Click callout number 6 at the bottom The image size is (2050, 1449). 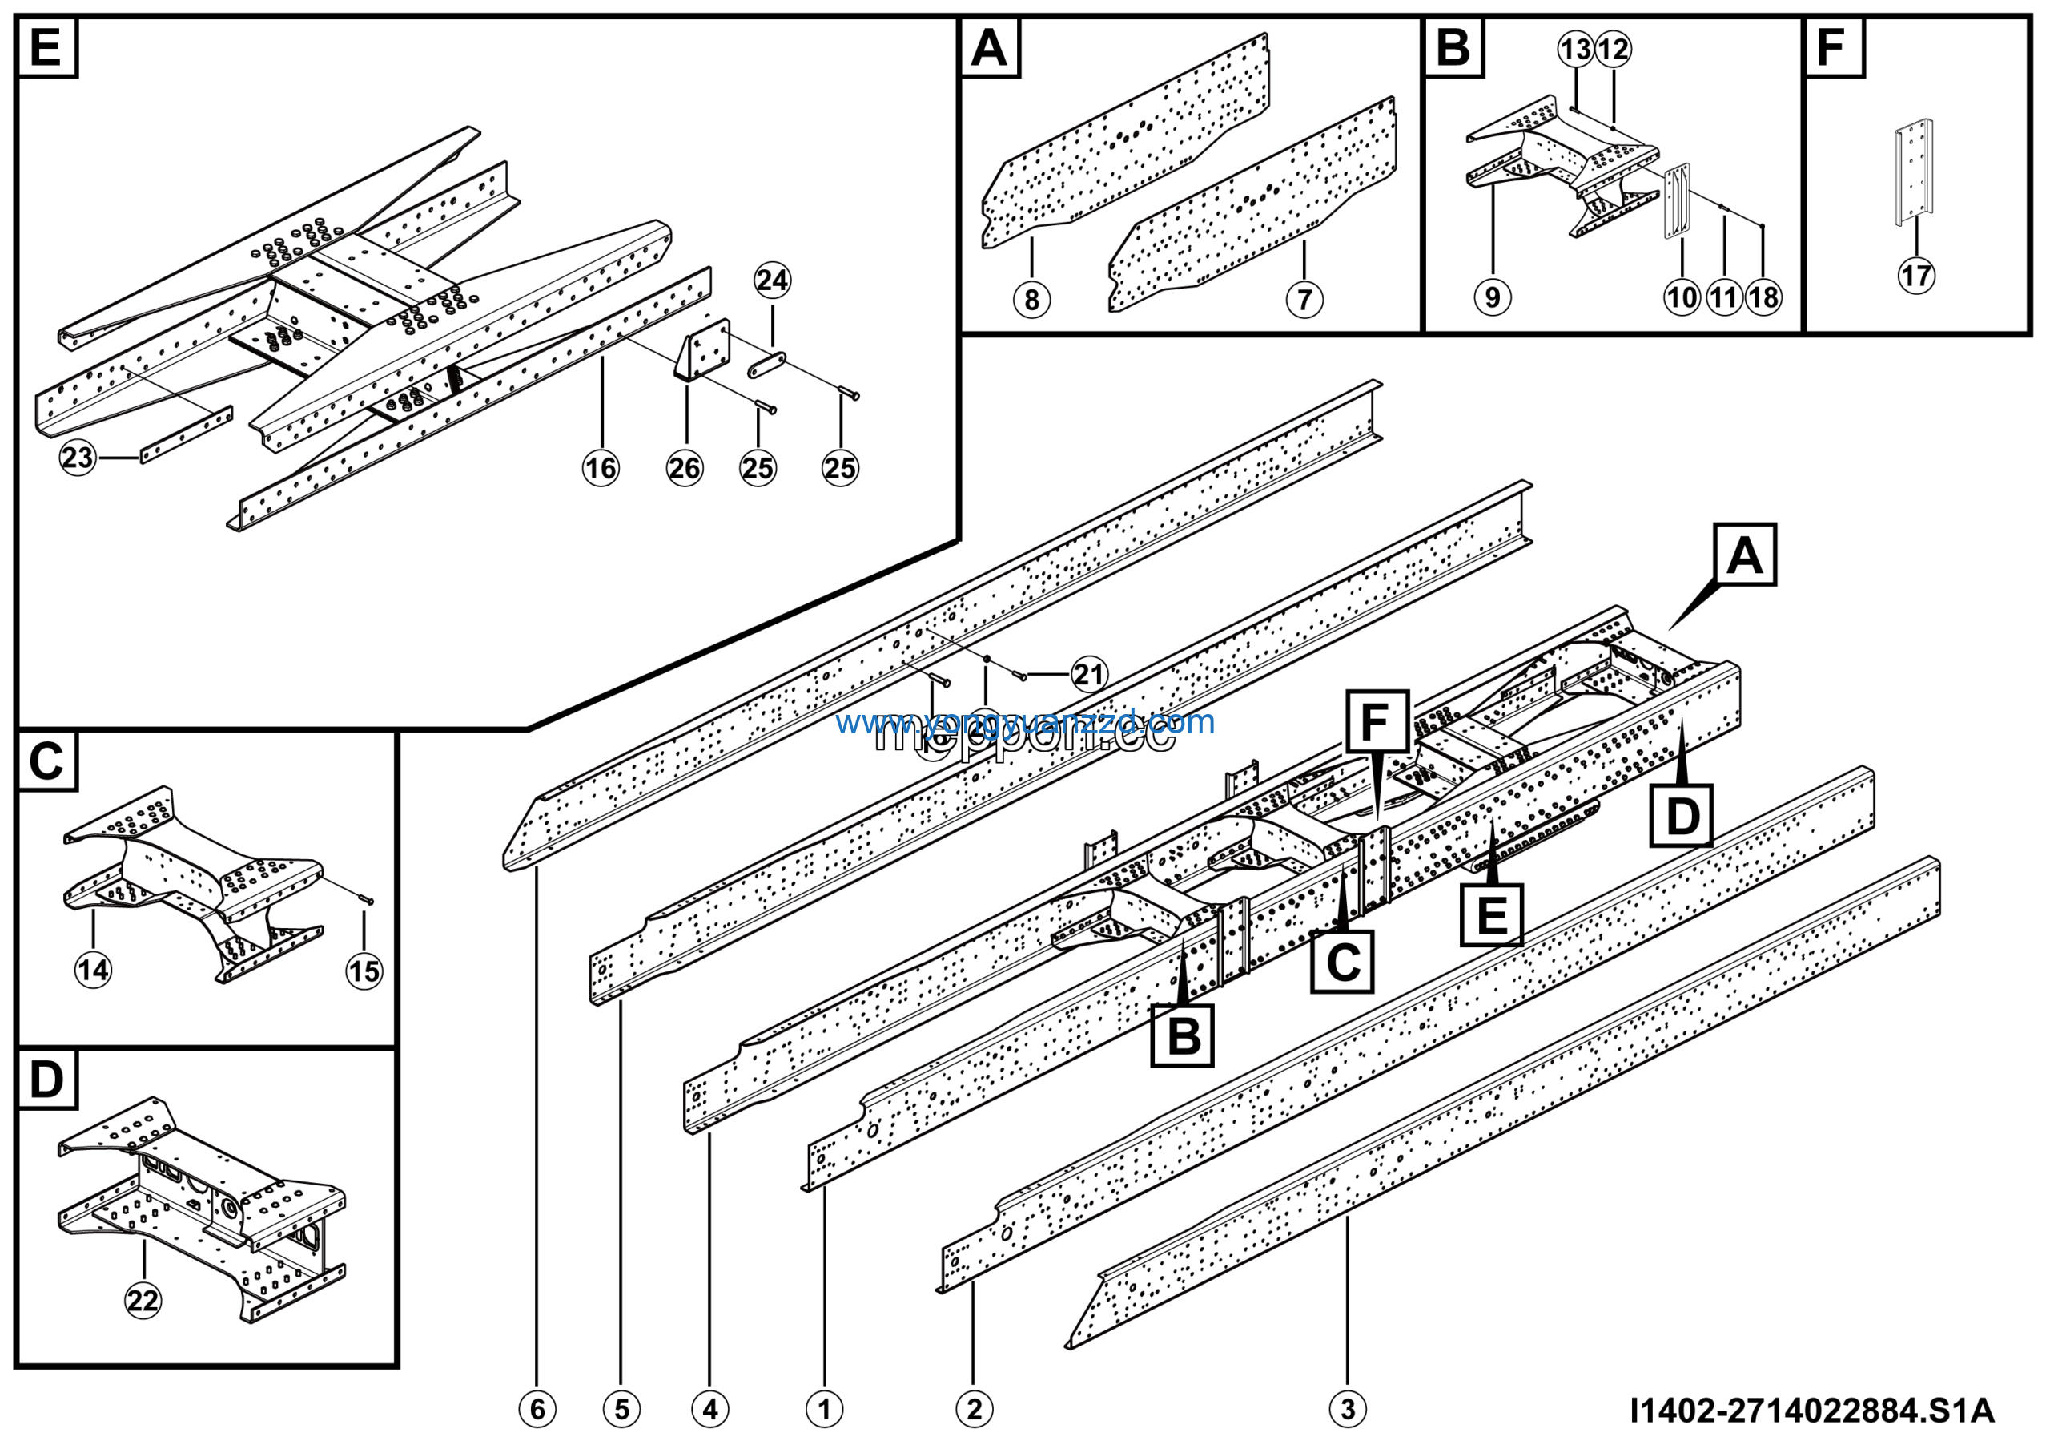tap(537, 1409)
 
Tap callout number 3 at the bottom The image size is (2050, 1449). tap(1348, 1409)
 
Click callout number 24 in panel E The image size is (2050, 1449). tap(771, 281)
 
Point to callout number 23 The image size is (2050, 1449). tap(78, 458)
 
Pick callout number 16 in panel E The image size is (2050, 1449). tap(600, 467)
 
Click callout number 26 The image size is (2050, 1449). tap(685, 467)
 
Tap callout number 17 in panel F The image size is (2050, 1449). tap(1916, 275)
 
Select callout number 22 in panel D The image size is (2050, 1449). tap(143, 1300)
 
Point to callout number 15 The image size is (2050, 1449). tap(364, 971)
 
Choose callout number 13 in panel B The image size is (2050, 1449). tap(1576, 49)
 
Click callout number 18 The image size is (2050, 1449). tap(1763, 297)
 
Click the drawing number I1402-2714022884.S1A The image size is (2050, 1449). tap(1811, 1411)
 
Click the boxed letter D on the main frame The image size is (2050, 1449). tap(1682, 816)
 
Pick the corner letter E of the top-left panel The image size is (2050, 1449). tap(46, 47)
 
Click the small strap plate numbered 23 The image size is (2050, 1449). tap(187, 435)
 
